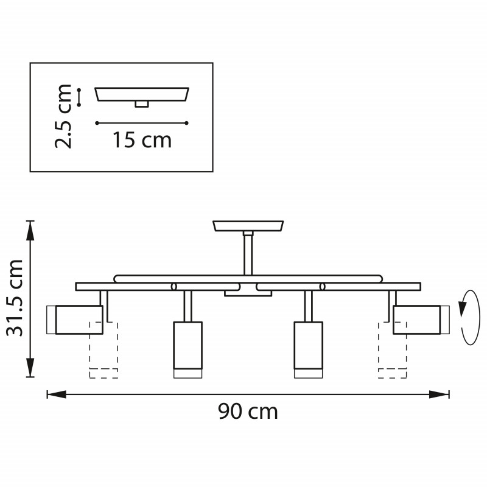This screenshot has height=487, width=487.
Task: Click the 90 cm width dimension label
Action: pyautogui.click(x=248, y=412)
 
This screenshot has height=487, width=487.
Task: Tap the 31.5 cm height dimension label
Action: pyautogui.click(x=14, y=298)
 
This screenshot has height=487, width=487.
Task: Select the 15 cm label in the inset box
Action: pyautogui.click(x=142, y=141)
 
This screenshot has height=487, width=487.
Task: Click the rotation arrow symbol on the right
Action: pyautogui.click(x=469, y=318)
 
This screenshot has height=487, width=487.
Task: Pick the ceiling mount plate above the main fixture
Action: pyautogui.click(x=248, y=226)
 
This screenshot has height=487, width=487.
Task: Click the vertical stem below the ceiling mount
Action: pyautogui.click(x=248, y=254)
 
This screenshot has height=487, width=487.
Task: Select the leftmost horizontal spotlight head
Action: pyautogui.click(x=79, y=319)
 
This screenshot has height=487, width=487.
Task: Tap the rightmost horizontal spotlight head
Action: pyautogui.click(x=417, y=319)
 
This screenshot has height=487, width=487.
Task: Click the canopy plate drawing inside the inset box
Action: pyautogui.click(x=142, y=94)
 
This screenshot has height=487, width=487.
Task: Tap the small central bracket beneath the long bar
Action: pyautogui.click(x=248, y=293)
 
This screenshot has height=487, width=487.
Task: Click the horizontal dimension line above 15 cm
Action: pyautogui.click(x=142, y=123)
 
